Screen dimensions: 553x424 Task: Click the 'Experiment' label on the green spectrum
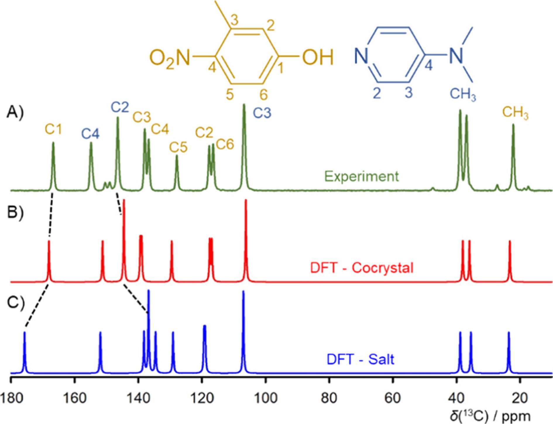pos(361,177)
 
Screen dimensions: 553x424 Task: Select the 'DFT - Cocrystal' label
pos(362,268)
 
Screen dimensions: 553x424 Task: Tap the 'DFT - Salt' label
pos(360,359)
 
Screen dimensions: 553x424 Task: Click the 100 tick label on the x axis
pos(265,398)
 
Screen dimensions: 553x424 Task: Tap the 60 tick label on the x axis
pos(392,398)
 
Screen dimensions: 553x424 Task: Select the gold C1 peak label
pos(53,129)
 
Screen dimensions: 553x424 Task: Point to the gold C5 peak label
pos(178,147)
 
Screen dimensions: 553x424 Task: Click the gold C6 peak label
pos(225,144)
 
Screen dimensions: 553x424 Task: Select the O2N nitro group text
pos(170,58)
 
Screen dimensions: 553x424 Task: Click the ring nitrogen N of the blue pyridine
pos(361,56)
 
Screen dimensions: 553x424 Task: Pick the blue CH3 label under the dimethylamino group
pos(463,94)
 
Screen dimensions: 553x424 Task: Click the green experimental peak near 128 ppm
pos(177,172)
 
